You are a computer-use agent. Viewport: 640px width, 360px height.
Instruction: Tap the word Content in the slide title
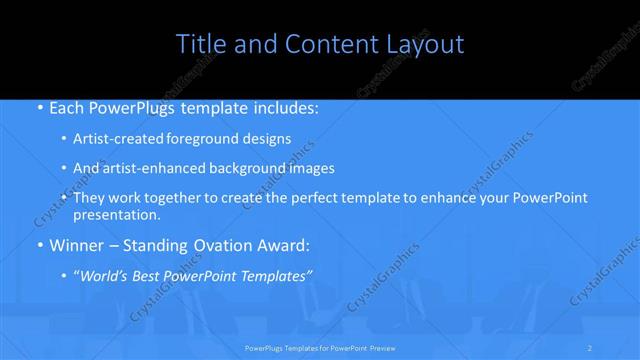[322, 44]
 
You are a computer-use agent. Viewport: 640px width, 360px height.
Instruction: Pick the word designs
[267, 139]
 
